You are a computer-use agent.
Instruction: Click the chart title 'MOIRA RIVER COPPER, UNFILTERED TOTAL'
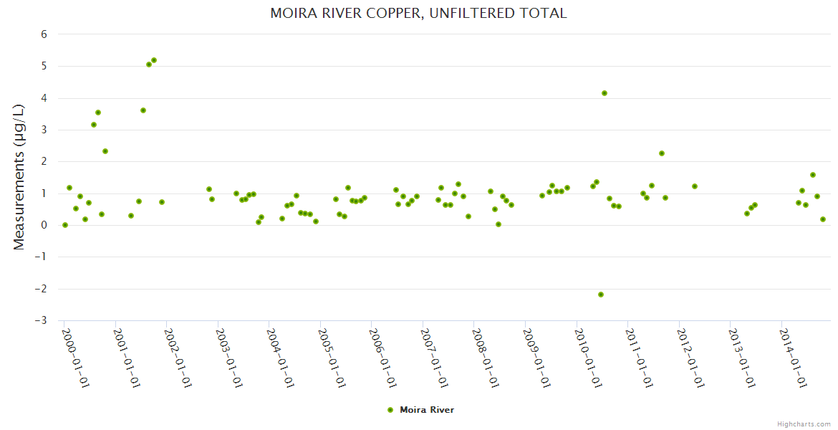click(418, 13)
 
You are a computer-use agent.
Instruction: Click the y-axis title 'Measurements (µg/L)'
click(19, 176)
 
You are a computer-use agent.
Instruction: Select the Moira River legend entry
click(420, 410)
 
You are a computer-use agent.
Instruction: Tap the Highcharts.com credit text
click(804, 424)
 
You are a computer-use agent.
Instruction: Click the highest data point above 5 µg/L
click(154, 60)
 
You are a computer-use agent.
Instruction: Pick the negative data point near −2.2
click(601, 295)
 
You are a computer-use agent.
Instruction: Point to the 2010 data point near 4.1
click(605, 93)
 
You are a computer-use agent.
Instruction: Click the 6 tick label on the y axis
click(44, 34)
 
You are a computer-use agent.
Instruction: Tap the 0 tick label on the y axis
click(44, 225)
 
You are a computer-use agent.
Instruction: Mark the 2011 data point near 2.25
click(662, 153)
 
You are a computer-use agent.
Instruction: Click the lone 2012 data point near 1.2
click(695, 186)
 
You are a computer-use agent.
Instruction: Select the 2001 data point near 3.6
click(143, 110)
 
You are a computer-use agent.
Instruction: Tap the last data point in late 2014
click(823, 219)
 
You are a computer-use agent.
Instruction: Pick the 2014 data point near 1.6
click(813, 175)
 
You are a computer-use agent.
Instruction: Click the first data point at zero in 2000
click(65, 225)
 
